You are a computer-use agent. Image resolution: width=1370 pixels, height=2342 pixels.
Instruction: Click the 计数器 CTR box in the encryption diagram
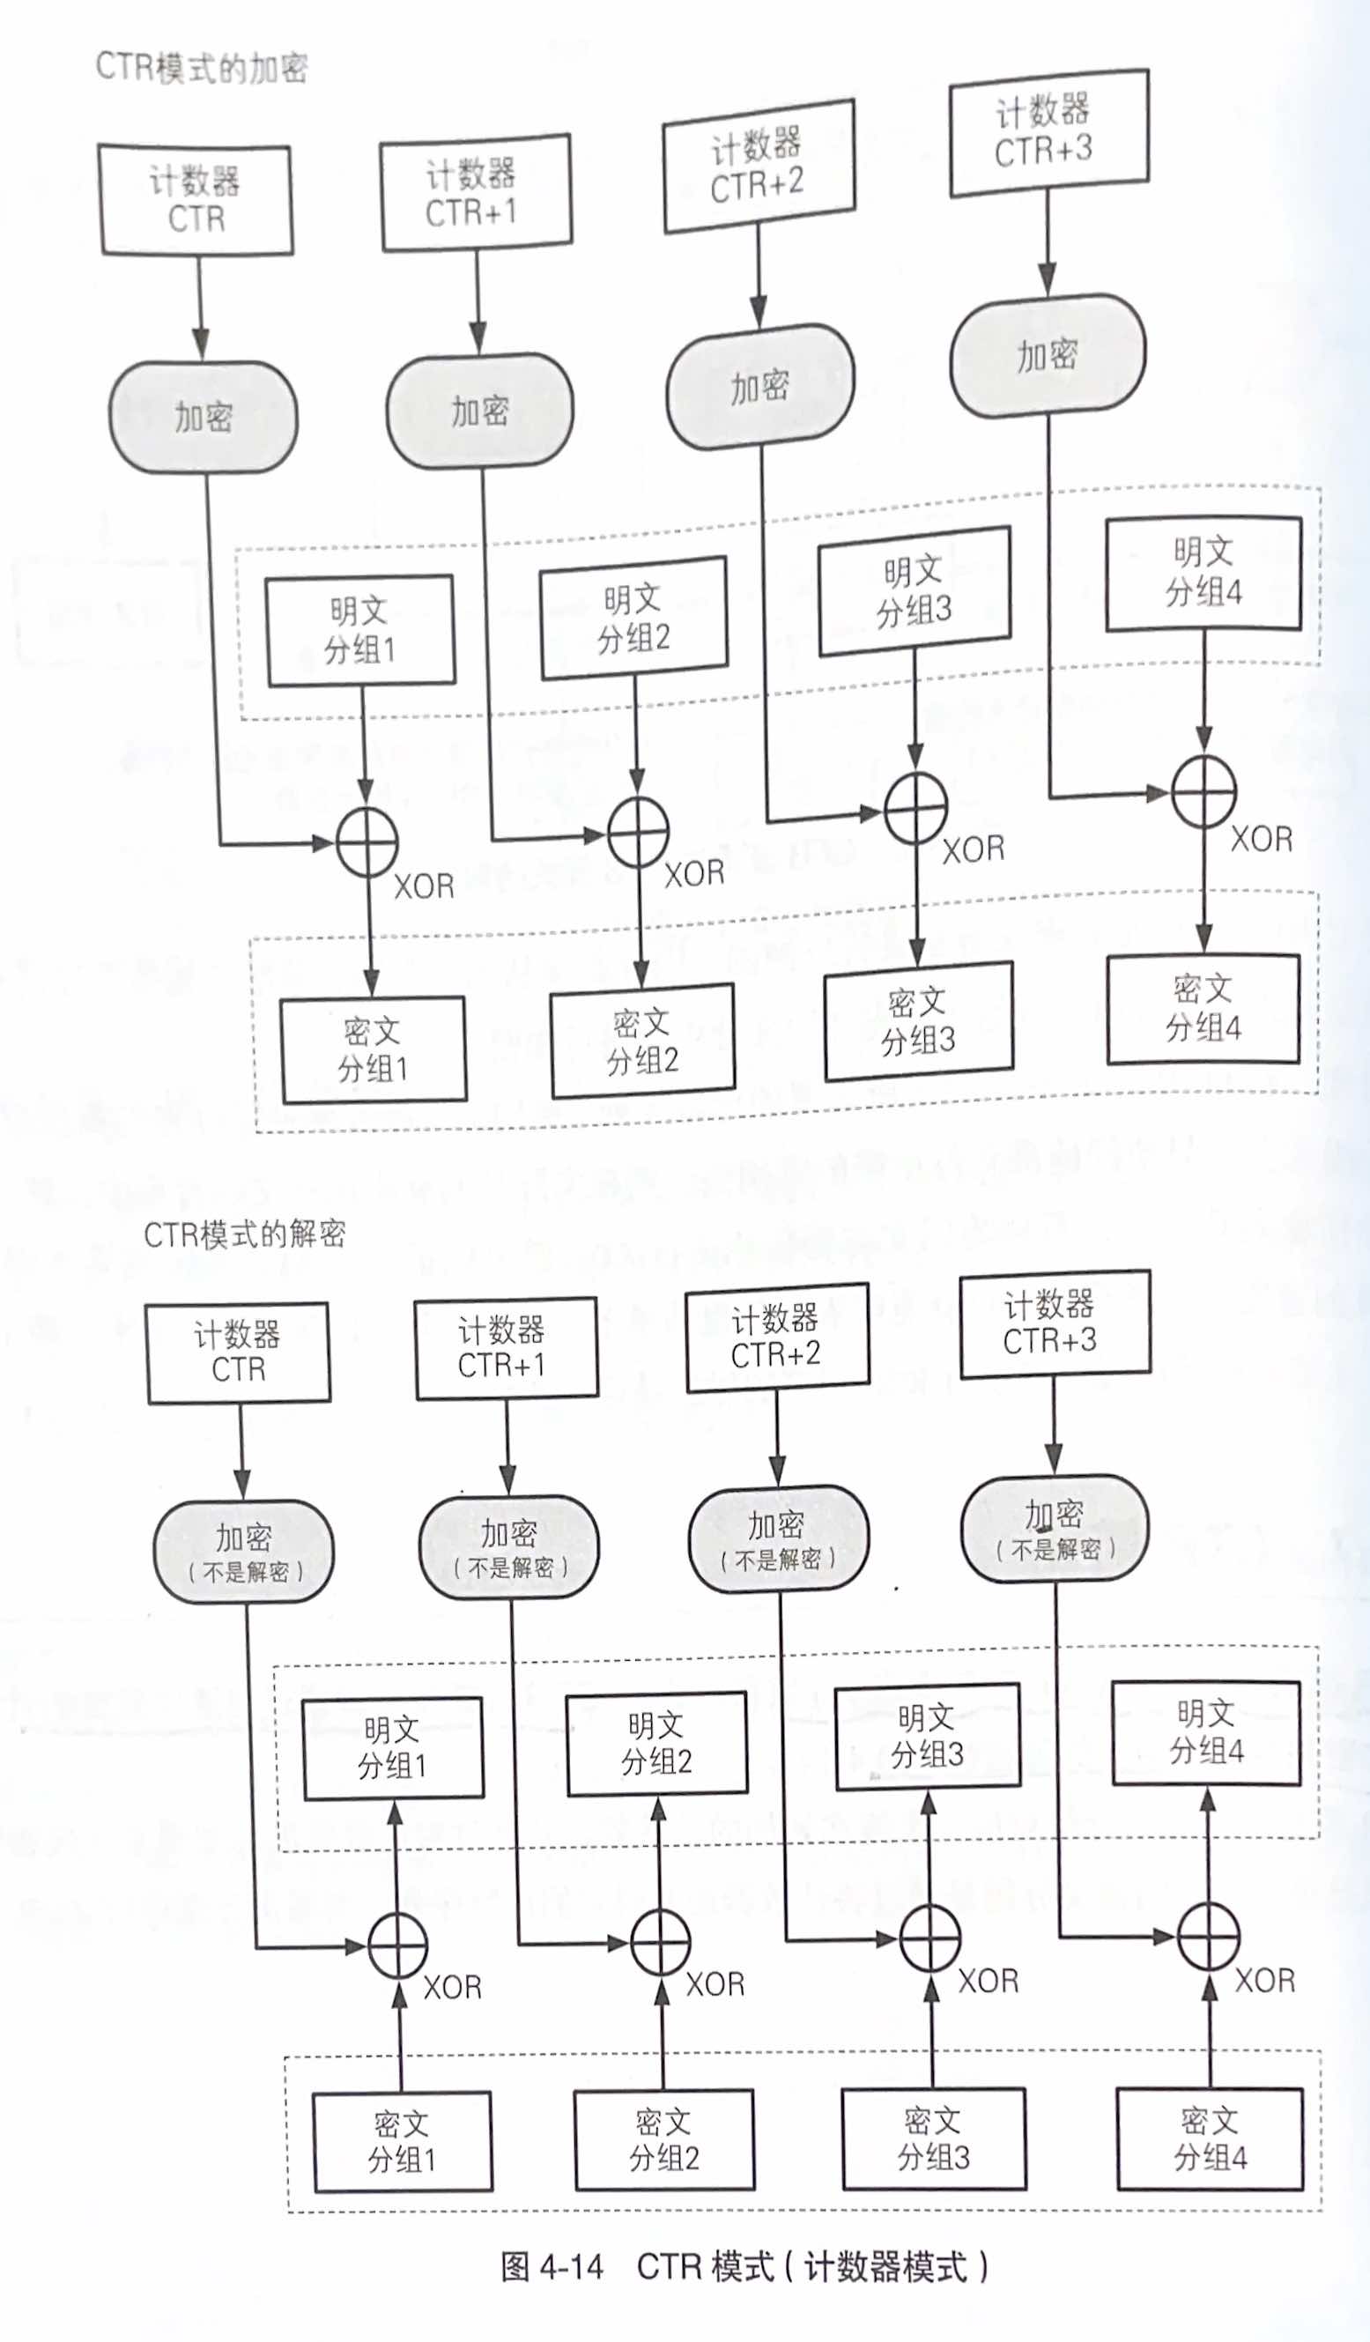click(x=196, y=200)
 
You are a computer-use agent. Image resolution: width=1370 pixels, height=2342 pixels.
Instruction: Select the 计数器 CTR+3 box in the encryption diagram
click(x=1048, y=133)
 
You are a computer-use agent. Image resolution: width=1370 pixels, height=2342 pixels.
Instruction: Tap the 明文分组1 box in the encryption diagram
click(x=360, y=631)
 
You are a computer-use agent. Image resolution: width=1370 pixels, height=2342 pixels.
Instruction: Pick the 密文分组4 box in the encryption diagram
click(x=1203, y=1008)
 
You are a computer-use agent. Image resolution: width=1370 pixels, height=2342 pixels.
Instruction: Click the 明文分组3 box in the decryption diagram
click(x=928, y=1737)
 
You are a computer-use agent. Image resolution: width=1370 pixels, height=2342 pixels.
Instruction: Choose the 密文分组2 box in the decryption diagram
click(x=664, y=2140)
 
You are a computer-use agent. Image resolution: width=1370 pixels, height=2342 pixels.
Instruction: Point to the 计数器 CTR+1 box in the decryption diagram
click(x=507, y=1348)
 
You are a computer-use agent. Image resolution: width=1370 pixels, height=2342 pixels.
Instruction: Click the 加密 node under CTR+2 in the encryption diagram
click(x=760, y=387)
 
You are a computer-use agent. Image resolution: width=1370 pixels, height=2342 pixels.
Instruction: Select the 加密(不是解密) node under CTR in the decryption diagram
click(x=244, y=1551)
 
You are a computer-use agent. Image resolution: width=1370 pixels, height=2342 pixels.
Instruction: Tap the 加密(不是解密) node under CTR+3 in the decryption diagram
click(x=1055, y=1528)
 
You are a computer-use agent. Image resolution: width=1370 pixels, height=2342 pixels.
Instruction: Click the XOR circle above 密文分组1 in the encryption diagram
click(x=367, y=843)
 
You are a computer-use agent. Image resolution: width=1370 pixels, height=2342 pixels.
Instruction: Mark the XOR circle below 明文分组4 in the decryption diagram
click(x=1208, y=1937)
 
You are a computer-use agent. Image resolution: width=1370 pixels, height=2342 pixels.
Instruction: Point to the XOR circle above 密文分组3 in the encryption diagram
click(x=915, y=809)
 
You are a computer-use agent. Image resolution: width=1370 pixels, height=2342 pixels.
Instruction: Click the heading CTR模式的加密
click(x=202, y=68)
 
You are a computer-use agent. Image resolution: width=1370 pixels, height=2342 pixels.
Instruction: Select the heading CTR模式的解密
click(x=244, y=1234)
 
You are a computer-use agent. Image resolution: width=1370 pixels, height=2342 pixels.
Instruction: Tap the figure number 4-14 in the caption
click(x=571, y=2267)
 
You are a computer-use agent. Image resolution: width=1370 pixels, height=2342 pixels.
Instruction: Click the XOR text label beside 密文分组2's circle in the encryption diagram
click(x=693, y=873)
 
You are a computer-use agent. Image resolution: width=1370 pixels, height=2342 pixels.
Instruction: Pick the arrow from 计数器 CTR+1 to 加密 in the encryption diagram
click(x=478, y=302)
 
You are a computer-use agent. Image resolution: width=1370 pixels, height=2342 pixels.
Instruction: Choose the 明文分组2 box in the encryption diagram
click(x=633, y=618)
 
